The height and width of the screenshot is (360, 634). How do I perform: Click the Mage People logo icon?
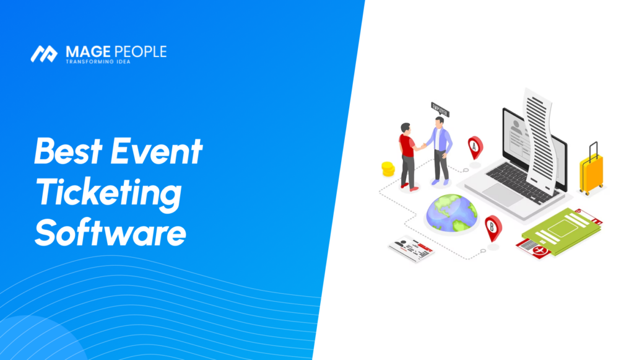coord(43,53)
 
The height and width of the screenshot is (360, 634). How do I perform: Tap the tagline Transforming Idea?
coord(98,62)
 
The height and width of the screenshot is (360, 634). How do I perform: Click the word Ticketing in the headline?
coord(108,193)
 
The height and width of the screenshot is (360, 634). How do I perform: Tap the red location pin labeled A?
coord(475,147)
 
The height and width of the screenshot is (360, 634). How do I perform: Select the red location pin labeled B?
coord(493,227)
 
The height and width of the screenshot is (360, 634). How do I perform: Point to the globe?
coord(451,213)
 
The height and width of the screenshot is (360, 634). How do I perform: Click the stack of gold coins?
coord(388,168)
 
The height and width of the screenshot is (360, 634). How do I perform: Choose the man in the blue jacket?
coord(441,151)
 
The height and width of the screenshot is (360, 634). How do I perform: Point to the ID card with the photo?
coord(411,248)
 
